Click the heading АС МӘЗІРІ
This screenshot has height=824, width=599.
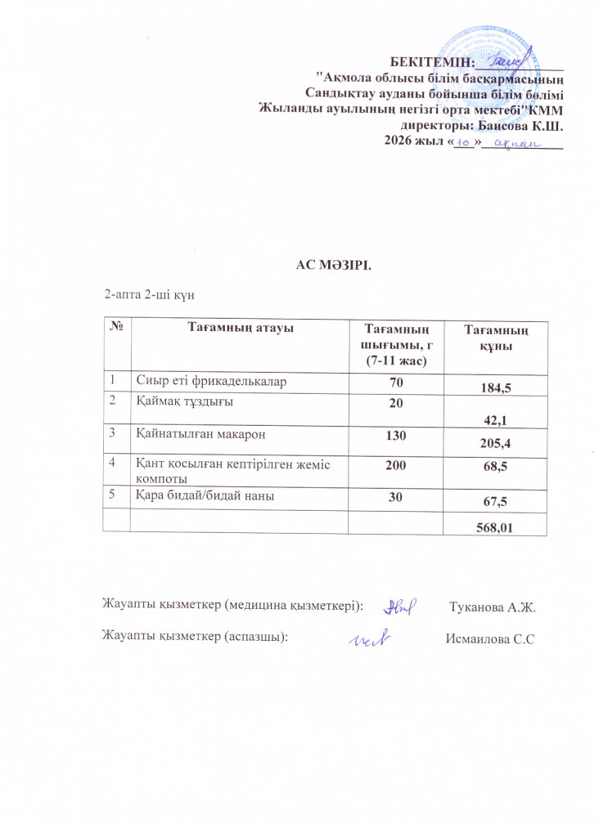point(334,264)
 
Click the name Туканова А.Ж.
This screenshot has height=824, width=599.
point(493,607)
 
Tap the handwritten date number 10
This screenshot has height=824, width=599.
point(463,143)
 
